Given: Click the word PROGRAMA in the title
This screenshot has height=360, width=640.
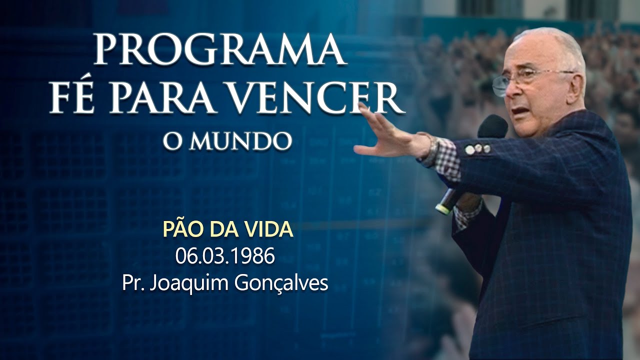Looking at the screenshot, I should tap(220, 50).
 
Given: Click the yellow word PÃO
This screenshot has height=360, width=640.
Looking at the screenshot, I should tap(182, 229).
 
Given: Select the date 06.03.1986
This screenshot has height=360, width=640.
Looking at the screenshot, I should tap(225, 256).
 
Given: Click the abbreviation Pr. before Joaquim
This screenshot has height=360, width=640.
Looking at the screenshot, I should tap(131, 283).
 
